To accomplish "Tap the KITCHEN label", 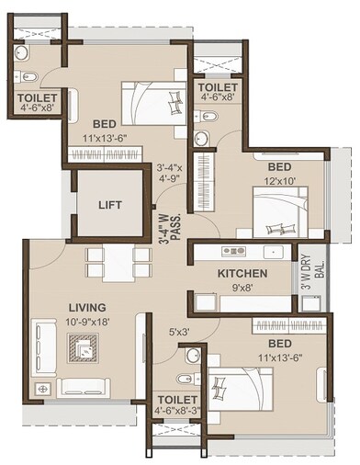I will pyautogui.click(x=242, y=274).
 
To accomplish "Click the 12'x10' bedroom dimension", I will pyautogui.click(x=280, y=182).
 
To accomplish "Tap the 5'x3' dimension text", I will pyautogui.click(x=180, y=332).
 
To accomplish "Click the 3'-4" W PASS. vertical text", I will pyautogui.click(x=163, y=223).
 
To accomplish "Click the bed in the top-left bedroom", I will pyautogui.click(x=152, y=98).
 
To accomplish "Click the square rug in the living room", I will pyautogui.click(x=85, y=349).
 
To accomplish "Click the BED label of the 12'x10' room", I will pyautogui.click(x=279, y=168).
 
